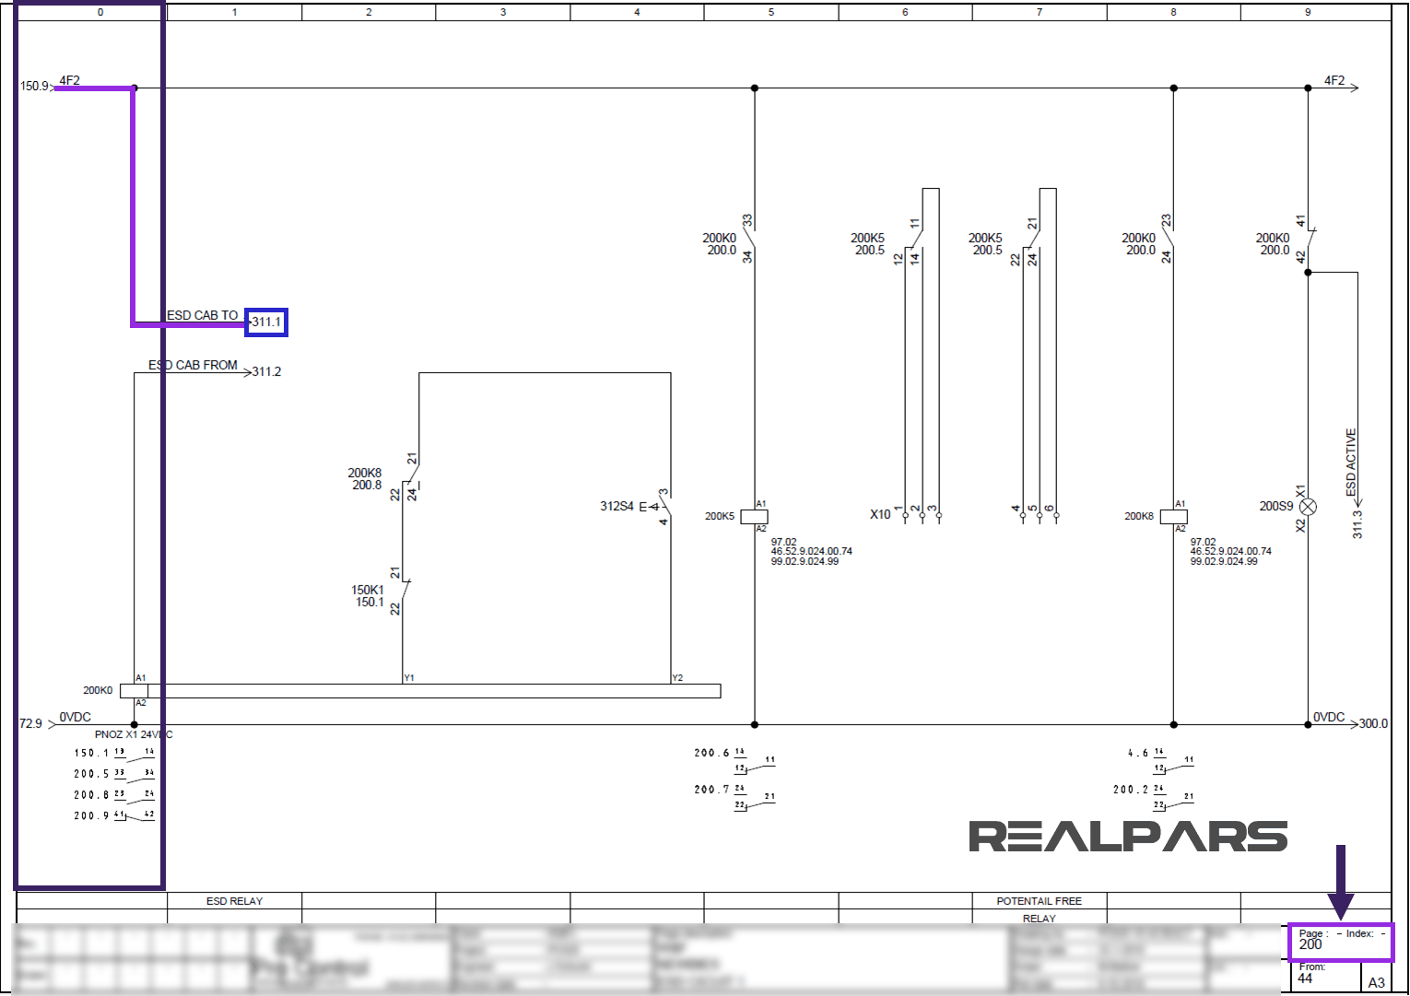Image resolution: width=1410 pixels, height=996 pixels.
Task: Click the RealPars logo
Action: tap(1127, 837)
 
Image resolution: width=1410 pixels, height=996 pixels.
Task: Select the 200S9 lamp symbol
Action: tap(1308, 507)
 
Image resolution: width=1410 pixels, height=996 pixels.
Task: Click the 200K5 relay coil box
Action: tap(755, 517)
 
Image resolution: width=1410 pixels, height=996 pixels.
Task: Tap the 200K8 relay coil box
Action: tap(1174, 517)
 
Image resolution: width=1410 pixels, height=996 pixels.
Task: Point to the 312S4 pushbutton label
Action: tap(617, 506)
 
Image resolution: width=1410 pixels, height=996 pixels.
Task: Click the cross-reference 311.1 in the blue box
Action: tap(266, 322)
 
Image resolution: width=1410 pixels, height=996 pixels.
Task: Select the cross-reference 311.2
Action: tap(266, 371)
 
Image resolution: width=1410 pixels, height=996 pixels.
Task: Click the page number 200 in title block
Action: tap(1310, 944)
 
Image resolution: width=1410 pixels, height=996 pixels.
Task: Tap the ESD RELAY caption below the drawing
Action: tap(234, 901)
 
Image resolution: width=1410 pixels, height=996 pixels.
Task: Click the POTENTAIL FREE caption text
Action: tap(1039, 901)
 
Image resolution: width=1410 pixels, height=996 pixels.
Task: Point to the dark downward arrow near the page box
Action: tap(1340, 880)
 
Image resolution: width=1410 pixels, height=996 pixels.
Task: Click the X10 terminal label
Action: tap(880, 514)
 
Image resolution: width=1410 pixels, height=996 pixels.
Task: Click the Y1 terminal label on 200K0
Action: tap(409, 678)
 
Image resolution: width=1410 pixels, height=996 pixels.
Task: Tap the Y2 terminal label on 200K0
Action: tap(677, 678)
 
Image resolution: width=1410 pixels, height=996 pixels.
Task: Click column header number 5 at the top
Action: tap(771, 12)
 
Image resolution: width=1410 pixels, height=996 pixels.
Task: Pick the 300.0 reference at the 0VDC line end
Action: tap(1373, 723)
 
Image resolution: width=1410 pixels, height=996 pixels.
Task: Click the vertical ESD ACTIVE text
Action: tap(1351, 462)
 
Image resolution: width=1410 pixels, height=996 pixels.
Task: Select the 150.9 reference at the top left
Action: tap(34, 86)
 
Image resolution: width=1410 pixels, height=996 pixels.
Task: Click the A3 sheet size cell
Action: tap(1376, 982)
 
